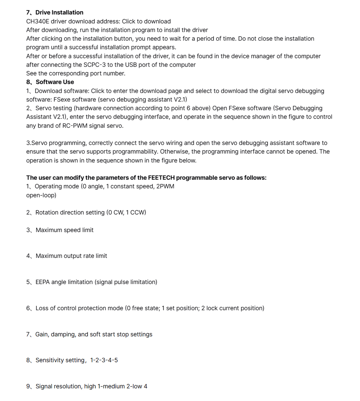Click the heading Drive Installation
pos(59,12)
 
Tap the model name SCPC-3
pos(94,65)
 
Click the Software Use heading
pos(55,82)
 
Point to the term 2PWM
pos(165,186)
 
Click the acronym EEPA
pos(43,282)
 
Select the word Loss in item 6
pos(42,308)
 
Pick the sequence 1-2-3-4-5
pos(104,360)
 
